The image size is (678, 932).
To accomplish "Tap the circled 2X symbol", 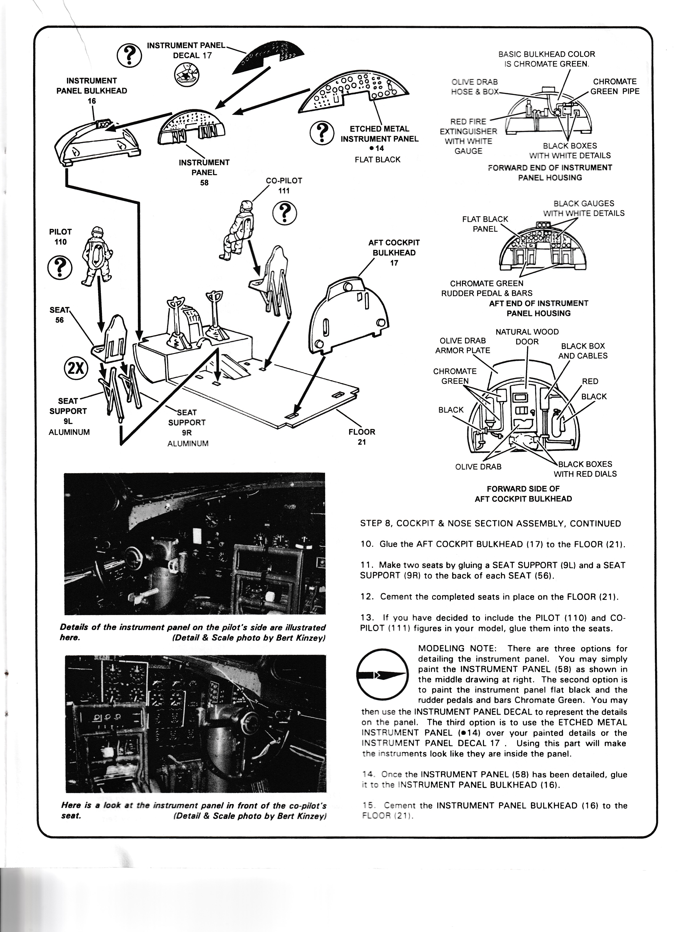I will click(x=76, y=368).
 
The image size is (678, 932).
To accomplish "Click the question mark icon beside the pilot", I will click(x=60, y=268).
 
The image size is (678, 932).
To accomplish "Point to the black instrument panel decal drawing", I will click(x=269, y=57).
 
